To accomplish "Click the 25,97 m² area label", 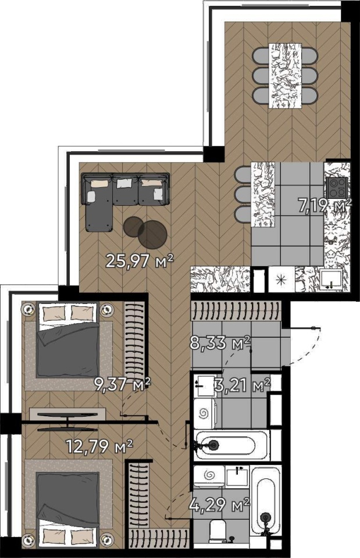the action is click(x=140, y=262).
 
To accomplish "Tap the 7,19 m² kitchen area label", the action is click(x=325, y=206).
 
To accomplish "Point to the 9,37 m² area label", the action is click(x=122, y=384).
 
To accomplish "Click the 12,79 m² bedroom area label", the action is click(x=99, y=446).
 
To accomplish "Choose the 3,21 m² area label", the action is click(x=243, y=385).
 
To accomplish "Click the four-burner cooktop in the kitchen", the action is click(x=337, y=187).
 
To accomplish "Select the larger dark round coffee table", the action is click(x=152, y=234).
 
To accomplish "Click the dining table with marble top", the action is click(x=284, y=75).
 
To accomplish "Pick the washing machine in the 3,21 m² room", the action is click(x=205, y=413).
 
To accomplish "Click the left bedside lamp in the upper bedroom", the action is click(x=28, y=309).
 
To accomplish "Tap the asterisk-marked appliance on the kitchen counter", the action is click(x=281, y=280).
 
